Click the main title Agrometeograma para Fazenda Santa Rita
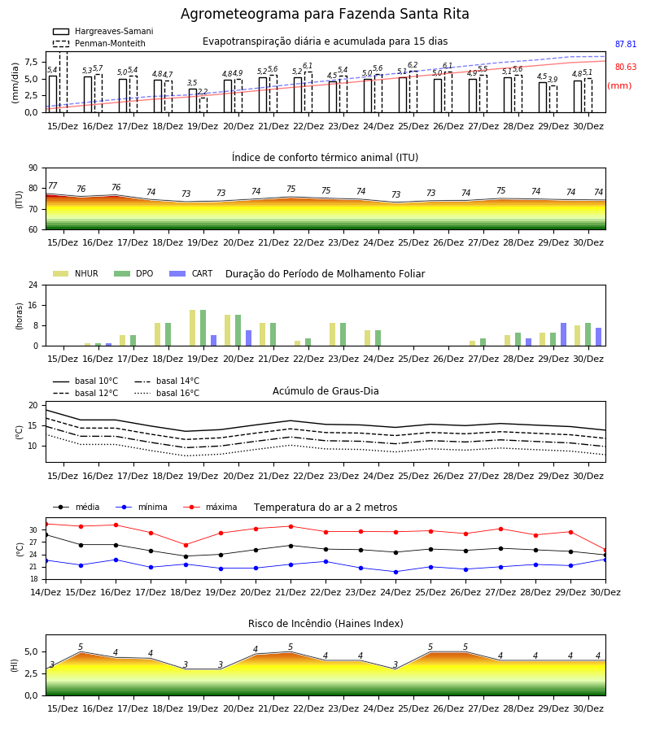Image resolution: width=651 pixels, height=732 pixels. point(325,14)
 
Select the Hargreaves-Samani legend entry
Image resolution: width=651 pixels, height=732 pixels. point(103,31)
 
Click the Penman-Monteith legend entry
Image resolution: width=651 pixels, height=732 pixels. point(99,43)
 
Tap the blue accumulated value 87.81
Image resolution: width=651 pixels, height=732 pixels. point(626,45)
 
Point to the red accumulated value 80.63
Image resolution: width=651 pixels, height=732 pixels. point(626,68)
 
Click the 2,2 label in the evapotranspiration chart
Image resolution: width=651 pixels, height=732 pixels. point(203,92)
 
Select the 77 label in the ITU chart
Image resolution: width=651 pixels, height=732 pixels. point(52,185)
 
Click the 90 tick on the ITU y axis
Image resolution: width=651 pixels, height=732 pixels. point(33,168)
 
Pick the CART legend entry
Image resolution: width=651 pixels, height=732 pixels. point(191,273)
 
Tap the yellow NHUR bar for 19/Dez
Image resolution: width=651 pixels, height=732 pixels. point(192,328)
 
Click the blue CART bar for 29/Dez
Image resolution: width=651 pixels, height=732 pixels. point(564,334)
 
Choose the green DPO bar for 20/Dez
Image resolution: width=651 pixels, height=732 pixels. point(238,330)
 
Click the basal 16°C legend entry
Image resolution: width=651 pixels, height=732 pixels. point(167,393)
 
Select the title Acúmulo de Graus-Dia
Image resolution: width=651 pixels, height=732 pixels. point(325,391)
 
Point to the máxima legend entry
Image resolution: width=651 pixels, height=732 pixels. point(210,507)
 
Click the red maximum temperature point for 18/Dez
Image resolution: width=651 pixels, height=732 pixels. point(186,545)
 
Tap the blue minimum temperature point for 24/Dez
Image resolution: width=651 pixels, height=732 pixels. point(396,572)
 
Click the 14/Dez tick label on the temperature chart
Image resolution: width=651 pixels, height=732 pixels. point(46,592)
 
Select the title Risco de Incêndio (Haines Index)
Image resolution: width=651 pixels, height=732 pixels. point(325,624)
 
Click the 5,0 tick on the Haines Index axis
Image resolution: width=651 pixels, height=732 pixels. point(31,652)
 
